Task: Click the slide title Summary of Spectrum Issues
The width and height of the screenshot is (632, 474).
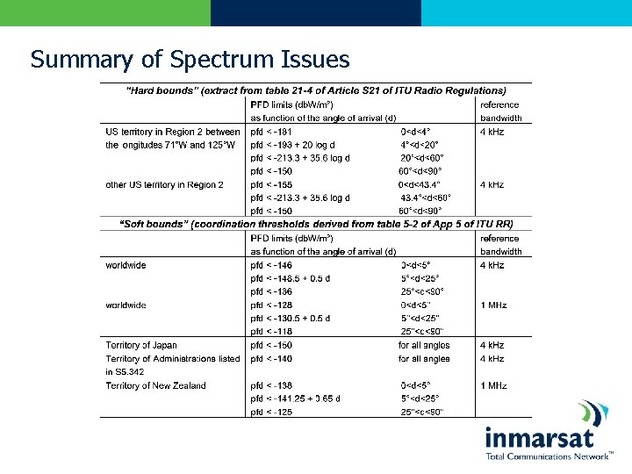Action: (x=190, y=59)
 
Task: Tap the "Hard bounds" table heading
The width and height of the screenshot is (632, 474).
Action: (x=317, y=90)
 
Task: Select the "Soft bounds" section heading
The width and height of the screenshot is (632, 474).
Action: (x=317, y=224)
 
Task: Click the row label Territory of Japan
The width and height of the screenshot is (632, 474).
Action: (x=141, y=345)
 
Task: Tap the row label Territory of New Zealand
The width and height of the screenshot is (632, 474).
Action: (x=155, y=385)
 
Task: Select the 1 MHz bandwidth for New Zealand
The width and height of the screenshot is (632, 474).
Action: (x=492, y=385)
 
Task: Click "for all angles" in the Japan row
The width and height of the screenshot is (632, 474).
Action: (x=424, y=345)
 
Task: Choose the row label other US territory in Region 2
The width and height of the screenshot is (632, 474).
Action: (x=164, y=184)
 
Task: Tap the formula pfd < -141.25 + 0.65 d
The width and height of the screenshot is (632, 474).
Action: (x=295, y=399)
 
